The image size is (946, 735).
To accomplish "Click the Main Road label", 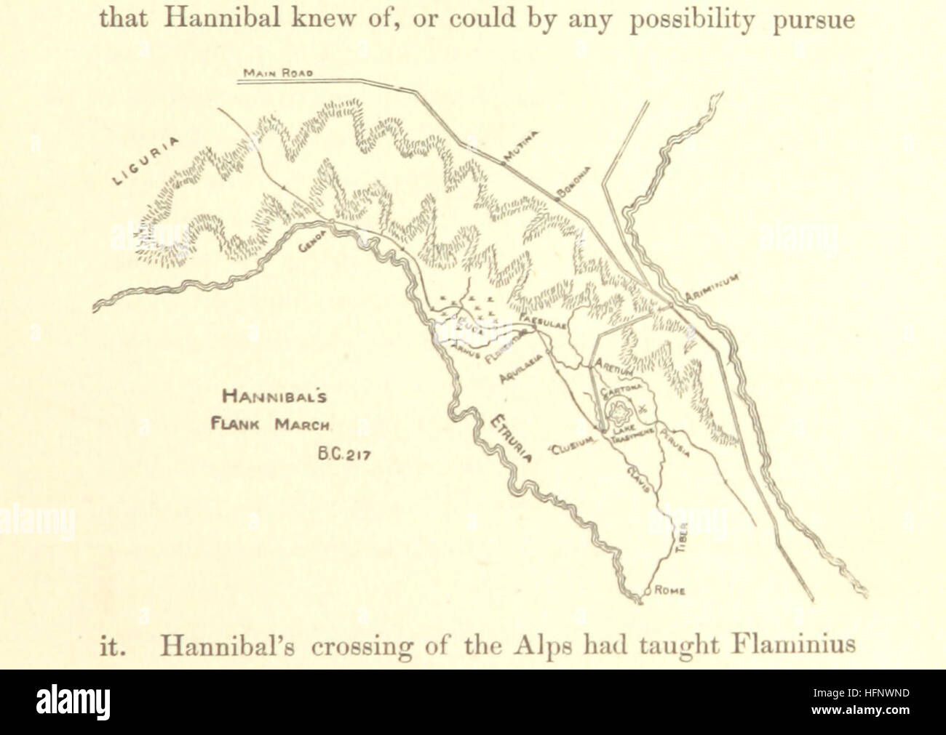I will tap(278, 73).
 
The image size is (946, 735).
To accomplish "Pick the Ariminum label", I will tap(713, 289).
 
